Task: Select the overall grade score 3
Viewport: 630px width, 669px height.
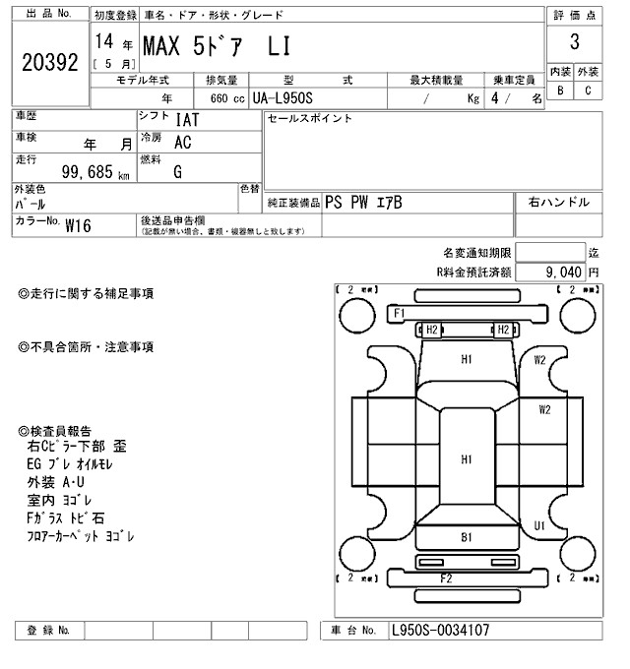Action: pos(573,43)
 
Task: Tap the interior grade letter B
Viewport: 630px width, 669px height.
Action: pos(560,91)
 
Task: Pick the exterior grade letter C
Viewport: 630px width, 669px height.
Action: pos(588,91)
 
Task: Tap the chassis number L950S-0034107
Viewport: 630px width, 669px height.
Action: pos(440,631)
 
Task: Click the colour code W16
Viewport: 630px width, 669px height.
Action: pos(78,224)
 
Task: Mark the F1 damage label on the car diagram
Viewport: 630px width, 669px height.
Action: pos(400,313)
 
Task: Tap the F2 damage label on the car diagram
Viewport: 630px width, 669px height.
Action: pos(446,577)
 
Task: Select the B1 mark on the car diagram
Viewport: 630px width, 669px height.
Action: pos(467,537)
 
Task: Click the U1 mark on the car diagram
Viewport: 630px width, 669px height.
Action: pos(539,526)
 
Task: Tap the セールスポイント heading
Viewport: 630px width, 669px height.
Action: pos(309,119)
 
